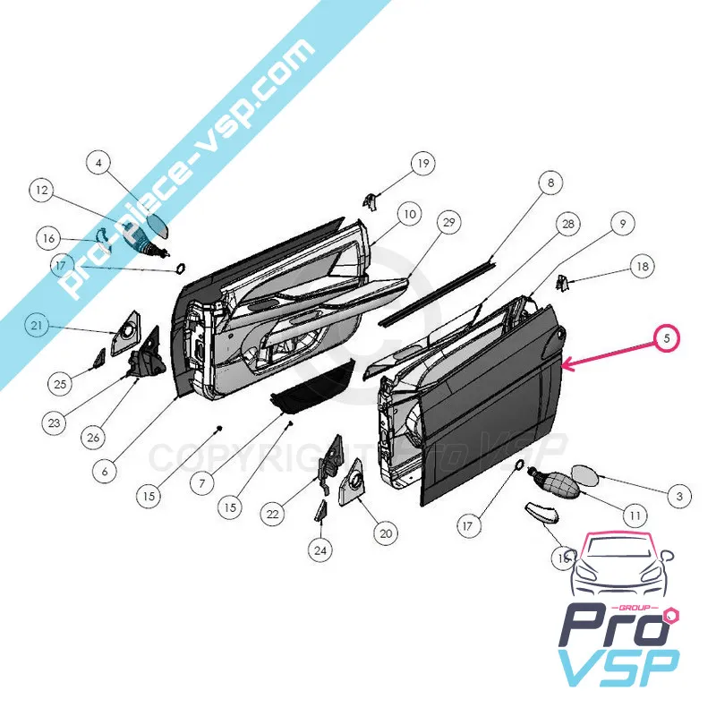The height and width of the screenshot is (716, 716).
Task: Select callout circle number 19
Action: [422, 163]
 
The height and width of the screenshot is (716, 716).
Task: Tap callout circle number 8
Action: [550, 183]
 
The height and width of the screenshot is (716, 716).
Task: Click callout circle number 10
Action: [409, 215]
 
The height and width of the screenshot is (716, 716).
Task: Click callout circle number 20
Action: [385, 533]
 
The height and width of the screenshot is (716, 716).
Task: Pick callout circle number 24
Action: [320, 550]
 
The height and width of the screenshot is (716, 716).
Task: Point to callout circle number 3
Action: [679, 495]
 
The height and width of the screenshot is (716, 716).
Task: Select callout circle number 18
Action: [641, 266]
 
